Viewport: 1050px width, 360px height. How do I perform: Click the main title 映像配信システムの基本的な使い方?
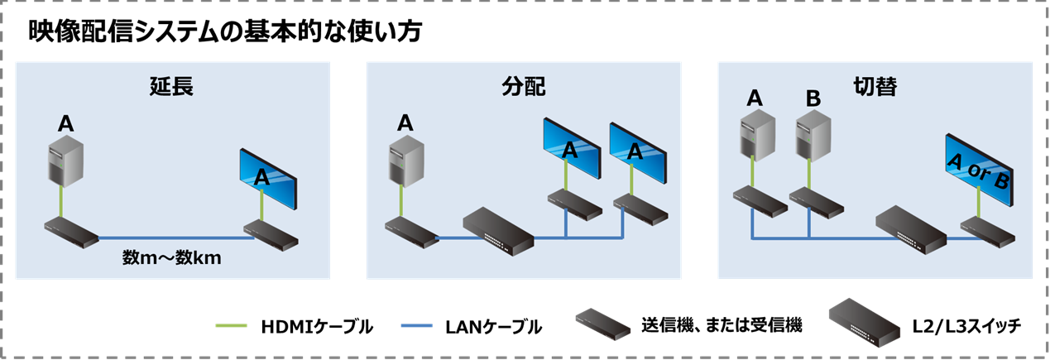(x=224, y=32)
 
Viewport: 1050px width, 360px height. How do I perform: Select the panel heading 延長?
(x=171, y=86)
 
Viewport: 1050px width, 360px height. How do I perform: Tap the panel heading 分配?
(x=524, y=86)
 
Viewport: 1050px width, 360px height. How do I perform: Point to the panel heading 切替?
(x=875, y=86)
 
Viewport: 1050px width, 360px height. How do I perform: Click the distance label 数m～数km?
(x=172, y=258)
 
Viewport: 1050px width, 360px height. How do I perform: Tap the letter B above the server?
(x=813, y=98)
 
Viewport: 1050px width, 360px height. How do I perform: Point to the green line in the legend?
(x=234, y=326)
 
